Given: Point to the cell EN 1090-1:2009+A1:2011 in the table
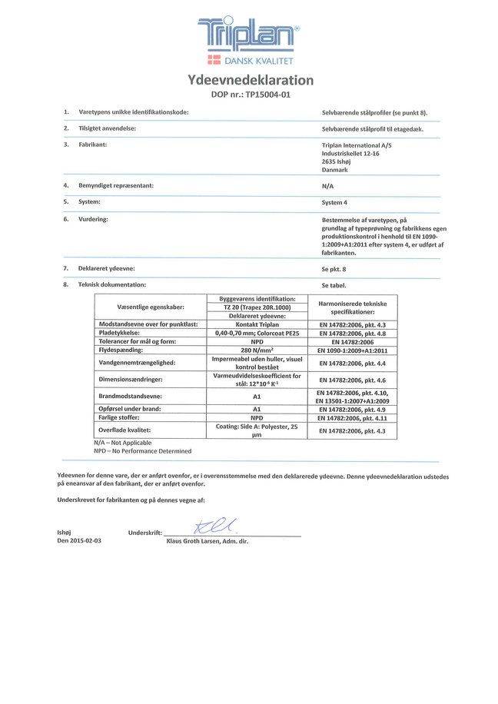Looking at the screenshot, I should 353,350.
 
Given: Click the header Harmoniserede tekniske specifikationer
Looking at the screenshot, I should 353,307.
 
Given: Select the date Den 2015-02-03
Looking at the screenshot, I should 79,541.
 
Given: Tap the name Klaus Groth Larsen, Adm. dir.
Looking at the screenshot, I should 207,541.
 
